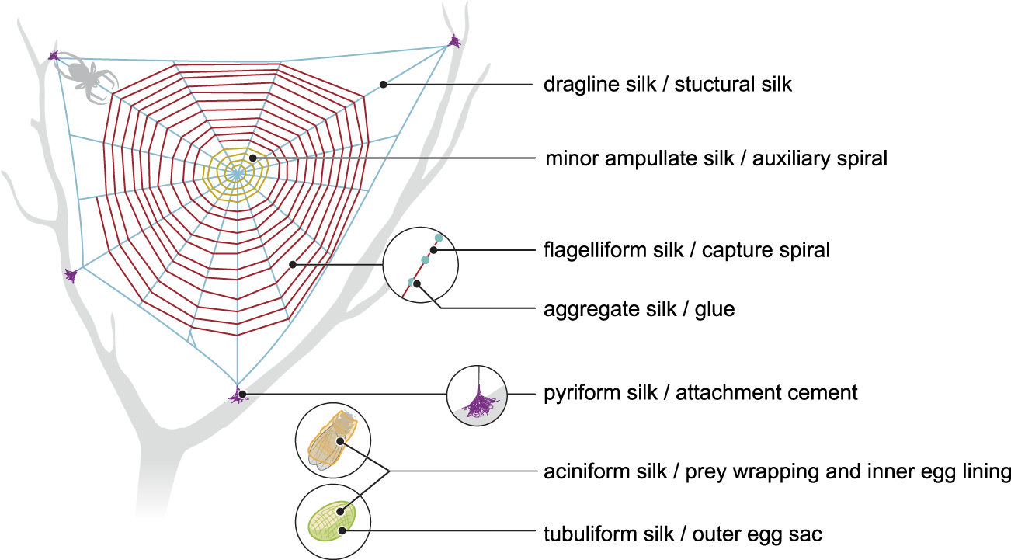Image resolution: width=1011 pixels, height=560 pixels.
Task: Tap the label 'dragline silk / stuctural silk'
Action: coord(667,84)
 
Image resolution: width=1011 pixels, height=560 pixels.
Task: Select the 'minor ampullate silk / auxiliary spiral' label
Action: coord(716,159)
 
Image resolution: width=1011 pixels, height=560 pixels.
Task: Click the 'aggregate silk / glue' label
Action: coord(639,309)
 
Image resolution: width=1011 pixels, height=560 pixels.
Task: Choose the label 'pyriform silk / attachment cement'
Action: coord(700,392)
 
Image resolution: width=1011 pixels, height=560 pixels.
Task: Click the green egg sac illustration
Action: coord(332,520)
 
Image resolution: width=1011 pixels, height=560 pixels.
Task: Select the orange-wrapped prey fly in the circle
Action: coord(332,440)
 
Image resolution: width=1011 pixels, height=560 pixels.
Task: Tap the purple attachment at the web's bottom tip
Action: coord(237,396)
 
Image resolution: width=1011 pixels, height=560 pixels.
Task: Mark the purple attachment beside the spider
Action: coord(54,55)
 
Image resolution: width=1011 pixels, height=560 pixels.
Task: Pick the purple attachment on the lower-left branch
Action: coord(71,275)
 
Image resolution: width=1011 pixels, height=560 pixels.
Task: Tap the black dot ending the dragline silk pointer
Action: coord(383,84)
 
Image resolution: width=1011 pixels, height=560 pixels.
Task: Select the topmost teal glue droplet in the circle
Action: coord(439,238)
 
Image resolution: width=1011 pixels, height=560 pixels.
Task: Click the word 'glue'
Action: coord(716,309)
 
